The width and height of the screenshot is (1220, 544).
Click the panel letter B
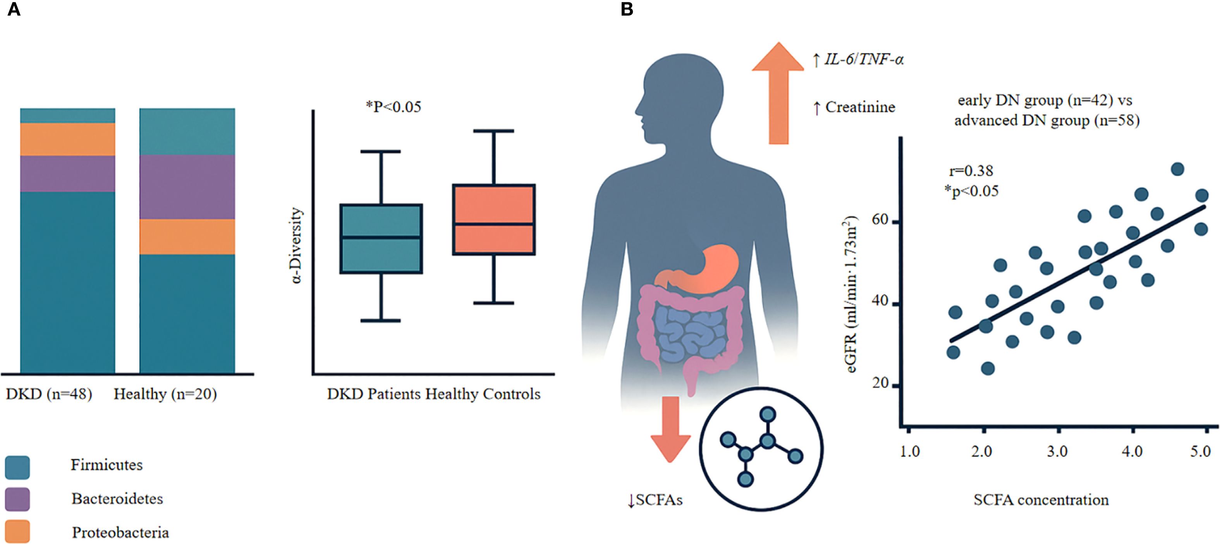(627, 9)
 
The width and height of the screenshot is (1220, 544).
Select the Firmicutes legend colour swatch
(17, 467)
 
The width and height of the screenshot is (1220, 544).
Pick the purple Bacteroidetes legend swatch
(17, 499)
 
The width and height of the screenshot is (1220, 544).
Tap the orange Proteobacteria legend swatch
(17, 531)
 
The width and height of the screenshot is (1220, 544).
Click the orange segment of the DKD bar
(68, 139)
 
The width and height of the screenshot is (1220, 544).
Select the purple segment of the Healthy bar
(187, 187)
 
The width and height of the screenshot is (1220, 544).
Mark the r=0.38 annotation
(971, 170)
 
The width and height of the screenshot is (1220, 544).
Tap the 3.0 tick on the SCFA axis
(1057, 451)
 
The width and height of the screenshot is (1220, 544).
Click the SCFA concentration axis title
(1041, 500)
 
